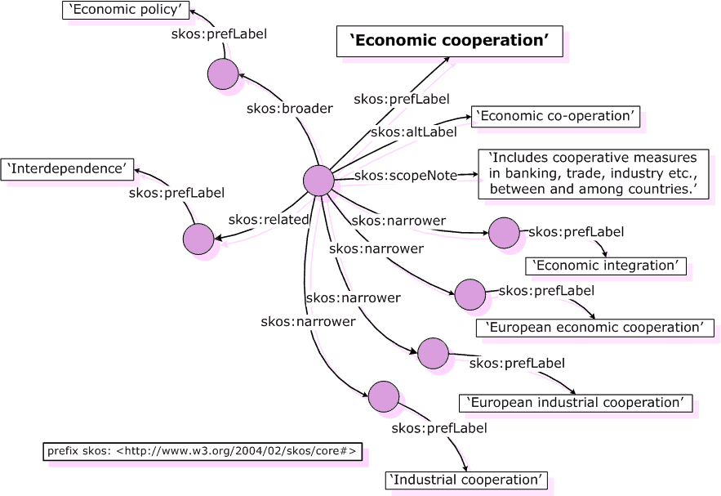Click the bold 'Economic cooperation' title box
click(x=449, y=41)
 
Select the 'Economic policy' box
click(x=126, y=10)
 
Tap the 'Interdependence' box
click(x=67, y=169)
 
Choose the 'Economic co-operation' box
click(x=555, y=116)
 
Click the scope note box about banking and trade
click(x=593, y=173)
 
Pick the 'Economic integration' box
click(x=605, y=266)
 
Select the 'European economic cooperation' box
click(x=594, y=328)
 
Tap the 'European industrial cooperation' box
click(x=576, y=403)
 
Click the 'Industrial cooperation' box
click(x=466, y=480)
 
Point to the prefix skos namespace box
click(x=202, y=452)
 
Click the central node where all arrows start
click(x=318, y=180)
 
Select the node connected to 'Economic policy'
click(x=222, y=74)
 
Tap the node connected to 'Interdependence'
click(x=198, y=239)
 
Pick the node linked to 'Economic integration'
click(x=504, y=233)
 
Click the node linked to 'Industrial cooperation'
click(x=383, y=396)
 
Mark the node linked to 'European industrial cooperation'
click(x=433, y=353)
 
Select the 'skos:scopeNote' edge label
click(x=406, y=176)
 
